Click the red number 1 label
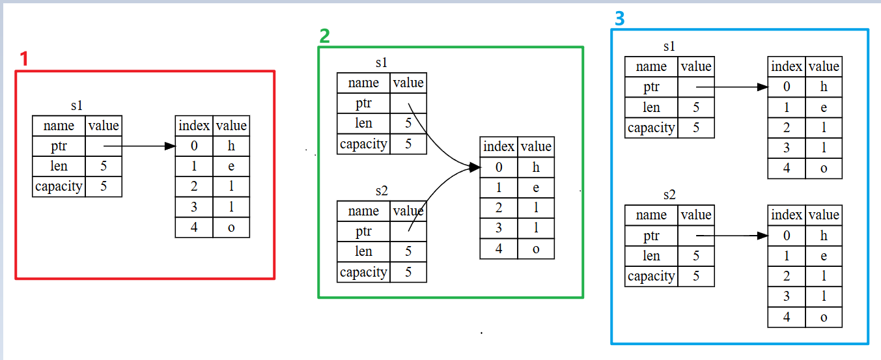pyautogui.click(x=24, y=59)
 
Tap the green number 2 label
pyautogui.click(x=324, y=36)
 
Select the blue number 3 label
pyautogui.click(x=619, y=18)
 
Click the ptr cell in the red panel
pyautogui.click(x=59, y=146)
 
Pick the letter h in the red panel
pyautogui.click(x=231, y=146)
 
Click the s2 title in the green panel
pyautogui.click(x=382, y=191)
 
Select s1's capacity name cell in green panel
pyautogui.click(x=363, y=144)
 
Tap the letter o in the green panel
pyautogui.click(x=536, y=249)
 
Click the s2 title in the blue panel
pyautogui.click(x=669, y=195)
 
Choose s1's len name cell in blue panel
pyautogui.click(x=651, y=107)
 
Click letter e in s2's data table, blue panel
pyautogui.click(x=824, y=256)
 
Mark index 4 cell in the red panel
pyautogui.click(x=194, y=228)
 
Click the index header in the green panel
pyautogui.click(x=499, y=146)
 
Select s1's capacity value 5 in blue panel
pyautogui.click(x=696, y=128)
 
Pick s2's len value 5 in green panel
pyautogui.click(x=408, y=251)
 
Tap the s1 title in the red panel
pyautogui.click(x=77, y=105)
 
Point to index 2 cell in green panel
pyautogui.click(x=499, y=208)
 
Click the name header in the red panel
pyautogui.click(x=59, y=126)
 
